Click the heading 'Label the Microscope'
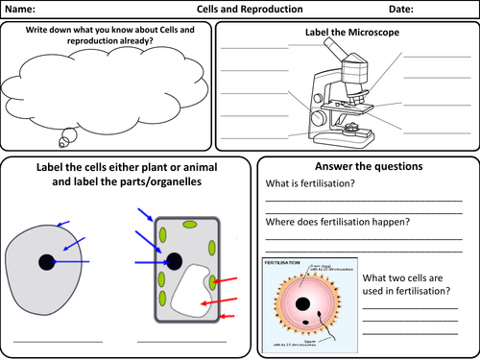[x=347, y=33]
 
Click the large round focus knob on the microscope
[x=318, y=118]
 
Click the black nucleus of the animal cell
[x=46, y=262]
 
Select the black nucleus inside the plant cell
[x=174, y=260]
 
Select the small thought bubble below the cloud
[x=65, y=140]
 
